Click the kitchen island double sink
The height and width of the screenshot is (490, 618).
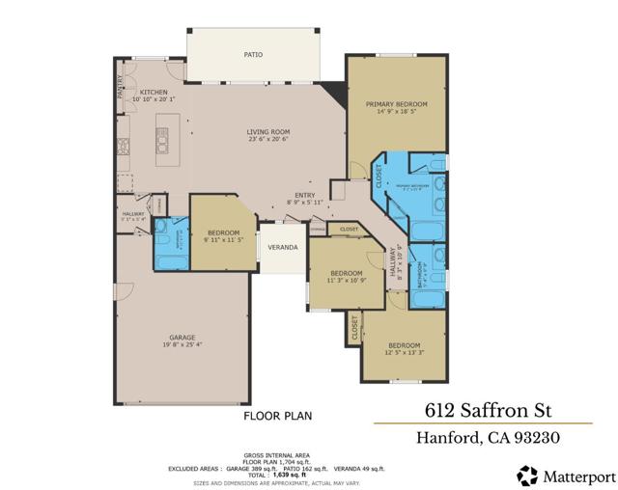tap(162, 145)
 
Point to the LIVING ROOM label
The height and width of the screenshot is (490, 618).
tap(267, 132)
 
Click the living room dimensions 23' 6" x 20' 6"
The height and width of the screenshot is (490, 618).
tap(267, 141)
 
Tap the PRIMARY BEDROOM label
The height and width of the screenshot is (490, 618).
tap(396, 103)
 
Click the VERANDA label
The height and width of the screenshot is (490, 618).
tap(282, 248)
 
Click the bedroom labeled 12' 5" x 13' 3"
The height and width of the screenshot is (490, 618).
tap(404, 346)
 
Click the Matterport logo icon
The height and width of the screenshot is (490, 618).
tap(527, 474)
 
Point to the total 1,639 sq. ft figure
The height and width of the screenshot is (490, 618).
tap(287, 474)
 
